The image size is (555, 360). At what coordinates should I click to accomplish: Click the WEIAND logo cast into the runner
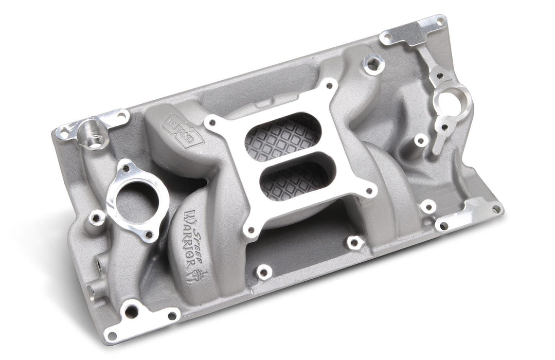[183, 131]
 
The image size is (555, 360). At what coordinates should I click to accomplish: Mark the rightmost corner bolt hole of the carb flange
[368, 191]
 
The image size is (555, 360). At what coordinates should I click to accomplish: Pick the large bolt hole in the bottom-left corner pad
[132, 311]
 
